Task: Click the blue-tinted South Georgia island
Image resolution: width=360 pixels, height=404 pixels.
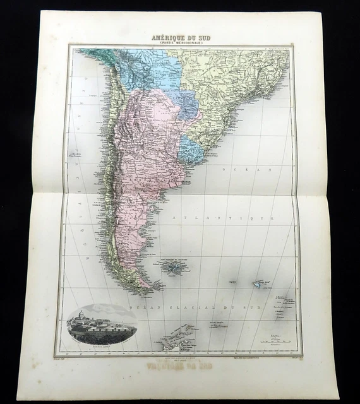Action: (258, 285)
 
